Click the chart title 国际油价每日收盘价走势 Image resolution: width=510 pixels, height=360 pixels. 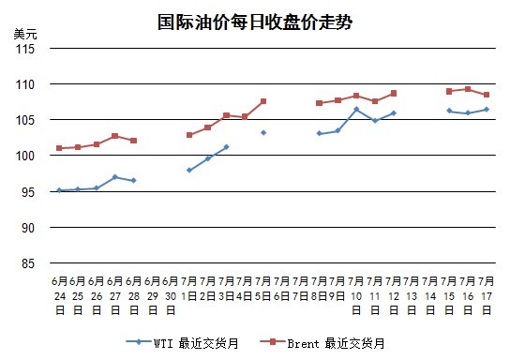pos(255,22)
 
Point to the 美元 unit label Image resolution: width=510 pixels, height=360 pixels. pos(25,34)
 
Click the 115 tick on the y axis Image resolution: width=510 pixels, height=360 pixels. pos(25,49)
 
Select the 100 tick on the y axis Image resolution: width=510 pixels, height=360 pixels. pos(25,156)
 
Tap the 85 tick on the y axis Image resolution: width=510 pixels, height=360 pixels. pos(28,263)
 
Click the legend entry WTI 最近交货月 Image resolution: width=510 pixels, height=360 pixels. pos(183,343)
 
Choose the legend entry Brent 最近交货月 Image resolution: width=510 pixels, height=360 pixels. pos(322,343)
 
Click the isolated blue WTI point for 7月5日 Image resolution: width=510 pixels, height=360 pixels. pos(263,133)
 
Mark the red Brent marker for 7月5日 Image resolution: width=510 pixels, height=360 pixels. pos(263,101)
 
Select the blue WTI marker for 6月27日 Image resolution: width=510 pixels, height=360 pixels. pos(114,177)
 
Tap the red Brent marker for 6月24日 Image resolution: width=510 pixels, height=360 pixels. pos(59,148)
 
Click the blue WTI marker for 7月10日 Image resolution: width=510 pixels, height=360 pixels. pos(356,110)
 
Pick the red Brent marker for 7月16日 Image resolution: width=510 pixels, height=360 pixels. pos(468,89)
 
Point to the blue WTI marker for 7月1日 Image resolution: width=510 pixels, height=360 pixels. pos(189,170)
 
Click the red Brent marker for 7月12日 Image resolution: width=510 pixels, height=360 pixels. pos(394,94)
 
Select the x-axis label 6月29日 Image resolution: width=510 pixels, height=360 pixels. pos(152,295)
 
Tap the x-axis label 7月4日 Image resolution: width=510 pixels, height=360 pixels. pos(245,289)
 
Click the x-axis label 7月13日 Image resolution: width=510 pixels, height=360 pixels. pos(412,295)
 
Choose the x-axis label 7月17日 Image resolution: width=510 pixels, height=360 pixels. pos(487,295)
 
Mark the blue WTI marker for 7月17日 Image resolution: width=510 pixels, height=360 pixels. pos(487,110)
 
